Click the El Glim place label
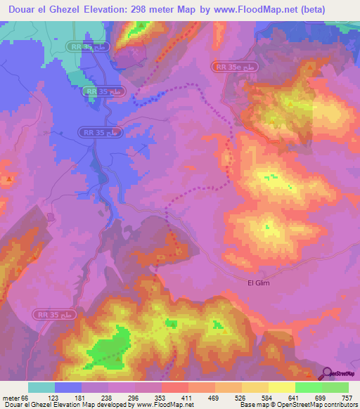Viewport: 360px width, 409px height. [259, 283]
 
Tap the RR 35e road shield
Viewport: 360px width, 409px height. [229, 66]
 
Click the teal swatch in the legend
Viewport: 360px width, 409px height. [41, 387]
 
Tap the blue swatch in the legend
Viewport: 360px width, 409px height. [68, 387]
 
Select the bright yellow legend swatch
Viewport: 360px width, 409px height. [281, 387]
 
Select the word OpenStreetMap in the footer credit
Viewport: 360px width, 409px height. [290, 405]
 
